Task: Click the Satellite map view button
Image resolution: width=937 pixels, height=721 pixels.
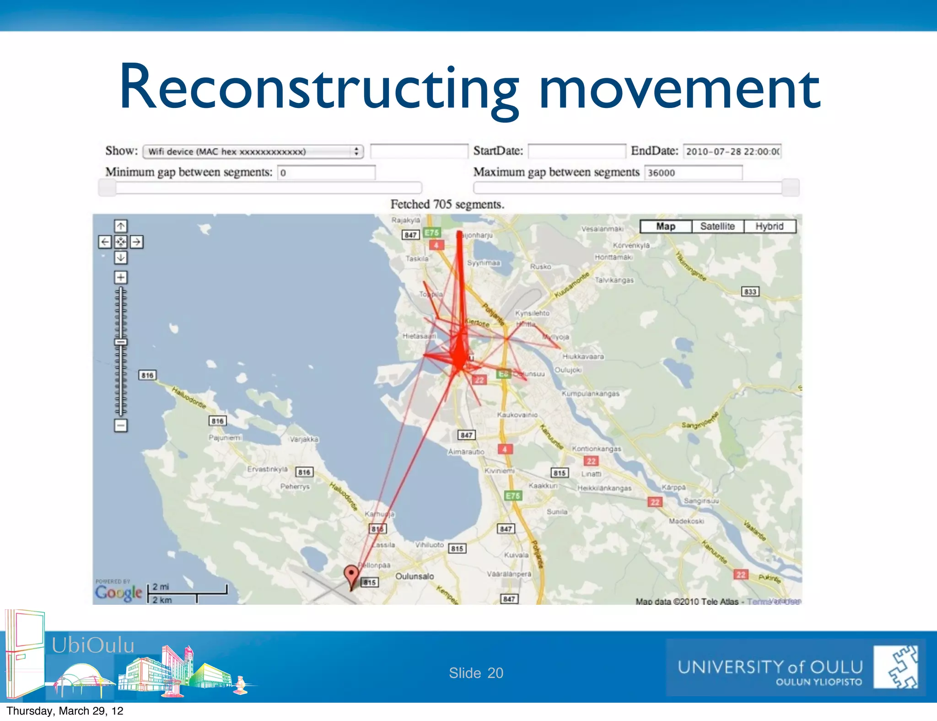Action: pyautogui.click(x=717, y=226)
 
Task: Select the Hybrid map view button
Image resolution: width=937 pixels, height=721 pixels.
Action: pyautogui.click(x=770, y=226)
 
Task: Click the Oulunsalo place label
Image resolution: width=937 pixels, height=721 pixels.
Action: pyautogui.click(x=415, y=576)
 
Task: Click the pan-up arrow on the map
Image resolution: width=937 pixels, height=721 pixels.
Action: pyautogui.click(x=121, y=226)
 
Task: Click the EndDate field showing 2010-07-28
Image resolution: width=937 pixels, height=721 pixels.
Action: pyautogui.click(x=732, y=151)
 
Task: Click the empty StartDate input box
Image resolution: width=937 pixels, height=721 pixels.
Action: pyautogui.click(x=576, y=151)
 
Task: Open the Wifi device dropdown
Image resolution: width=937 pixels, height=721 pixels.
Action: pyautogui.click(x=253, y=151)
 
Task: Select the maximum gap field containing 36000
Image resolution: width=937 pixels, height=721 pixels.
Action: pyautogui.click(x=693, y=172)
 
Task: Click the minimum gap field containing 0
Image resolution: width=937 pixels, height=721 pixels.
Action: pyautogui.click(x=326, y=172)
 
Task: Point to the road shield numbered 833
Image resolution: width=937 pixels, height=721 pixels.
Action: pyautogui.click(x=750, y=291)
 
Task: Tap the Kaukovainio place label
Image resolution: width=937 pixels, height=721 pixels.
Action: pyautogui.click(x=517, y=415)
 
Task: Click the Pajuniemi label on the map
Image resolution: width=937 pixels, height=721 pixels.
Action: pyautogui.click(x=225, y=438)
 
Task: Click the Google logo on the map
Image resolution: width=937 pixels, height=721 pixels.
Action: pyautogui.click(x=118, y=593)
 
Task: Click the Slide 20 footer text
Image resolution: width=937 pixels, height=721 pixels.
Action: pyautogui.click(x=476, y=673)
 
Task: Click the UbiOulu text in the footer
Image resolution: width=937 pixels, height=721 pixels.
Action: pyautogui.click(x=93, y=645)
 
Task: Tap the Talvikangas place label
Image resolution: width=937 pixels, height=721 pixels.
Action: pyautogui.click(x=614, y=280)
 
